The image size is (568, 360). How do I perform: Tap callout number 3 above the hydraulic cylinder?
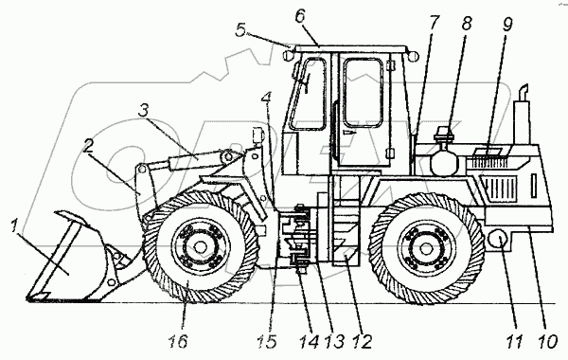pos(144,111)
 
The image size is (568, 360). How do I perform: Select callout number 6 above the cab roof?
pos(300,16)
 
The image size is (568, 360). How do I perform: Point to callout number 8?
pos(467,23)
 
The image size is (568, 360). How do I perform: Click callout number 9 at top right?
pos(507,24)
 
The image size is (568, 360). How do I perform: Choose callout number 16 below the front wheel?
pos(178,341)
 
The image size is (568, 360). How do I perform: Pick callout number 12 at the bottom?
pos(363,341)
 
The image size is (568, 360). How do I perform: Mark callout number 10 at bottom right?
pos(546,342)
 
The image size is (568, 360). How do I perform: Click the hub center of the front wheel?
pos(199,247)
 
